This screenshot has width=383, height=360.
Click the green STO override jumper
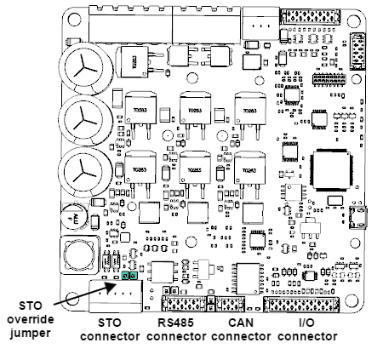coord(128,276)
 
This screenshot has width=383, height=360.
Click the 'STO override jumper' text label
coord(29,319)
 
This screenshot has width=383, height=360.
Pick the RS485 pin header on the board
coord(184,305)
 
